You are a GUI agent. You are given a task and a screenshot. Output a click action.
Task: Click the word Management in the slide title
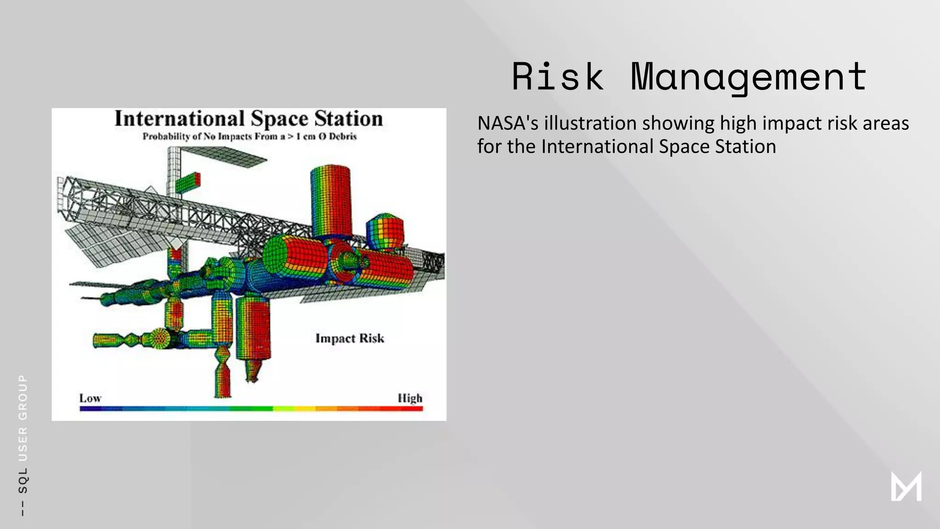(x=749, y=77)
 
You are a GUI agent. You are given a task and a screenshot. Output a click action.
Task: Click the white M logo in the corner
(x=906, y=486)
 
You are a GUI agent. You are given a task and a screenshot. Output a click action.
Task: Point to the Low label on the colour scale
(x=90, y=398)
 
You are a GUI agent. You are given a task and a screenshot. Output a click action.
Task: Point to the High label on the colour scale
(x=409, y=398)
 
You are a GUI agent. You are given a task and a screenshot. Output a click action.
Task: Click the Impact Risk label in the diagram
(x=350, y=338)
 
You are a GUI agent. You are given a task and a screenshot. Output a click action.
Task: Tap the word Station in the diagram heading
(x=348, y=119)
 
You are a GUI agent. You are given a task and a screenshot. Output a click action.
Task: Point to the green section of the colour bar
(x=250, y=409)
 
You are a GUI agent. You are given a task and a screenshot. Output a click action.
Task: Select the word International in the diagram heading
(x=179, y=119)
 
